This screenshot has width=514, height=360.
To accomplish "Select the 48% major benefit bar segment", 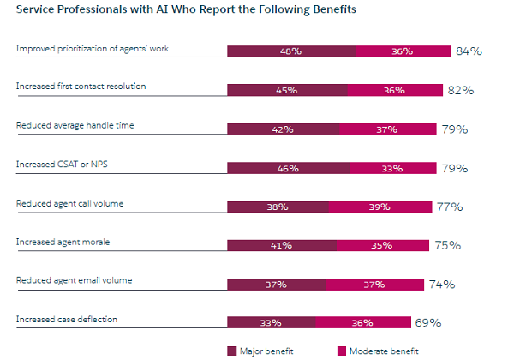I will (x=290, y=51).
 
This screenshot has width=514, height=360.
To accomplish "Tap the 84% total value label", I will (x=469, y=51).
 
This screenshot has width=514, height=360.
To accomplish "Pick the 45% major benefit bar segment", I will (x=287, y=90).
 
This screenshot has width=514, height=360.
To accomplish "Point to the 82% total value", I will (x=461, y=90).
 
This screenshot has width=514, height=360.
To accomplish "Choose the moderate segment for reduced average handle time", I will (x=386, y=129).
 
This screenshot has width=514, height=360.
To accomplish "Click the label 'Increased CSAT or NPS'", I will (x=57, y=164).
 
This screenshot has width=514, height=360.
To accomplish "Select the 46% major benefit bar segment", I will (x=289, y=168).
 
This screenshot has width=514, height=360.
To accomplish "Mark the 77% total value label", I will (x=450, y=207).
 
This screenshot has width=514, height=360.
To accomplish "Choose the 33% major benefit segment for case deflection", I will (x=271, y=323).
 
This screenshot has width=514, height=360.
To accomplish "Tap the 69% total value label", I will (x=428, y=323).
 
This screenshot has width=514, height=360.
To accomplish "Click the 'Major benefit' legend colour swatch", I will (x=231, y=351).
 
